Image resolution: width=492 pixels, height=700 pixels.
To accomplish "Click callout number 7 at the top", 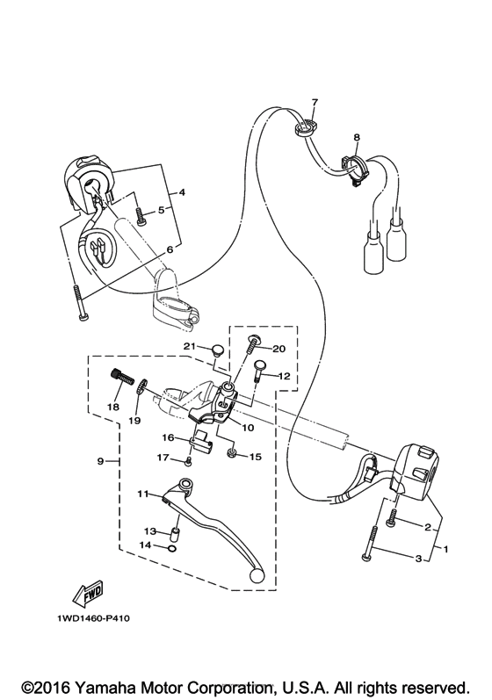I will coord(315,103).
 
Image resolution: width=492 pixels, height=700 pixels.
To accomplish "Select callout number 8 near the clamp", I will coord(357,138).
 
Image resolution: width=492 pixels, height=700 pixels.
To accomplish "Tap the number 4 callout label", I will coord(182,191).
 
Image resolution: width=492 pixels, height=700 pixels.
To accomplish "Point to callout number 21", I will coord(189,347).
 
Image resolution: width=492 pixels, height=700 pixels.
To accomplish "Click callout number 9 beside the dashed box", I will coord(101,461).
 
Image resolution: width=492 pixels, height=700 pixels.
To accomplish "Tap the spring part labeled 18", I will coord(120,380).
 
